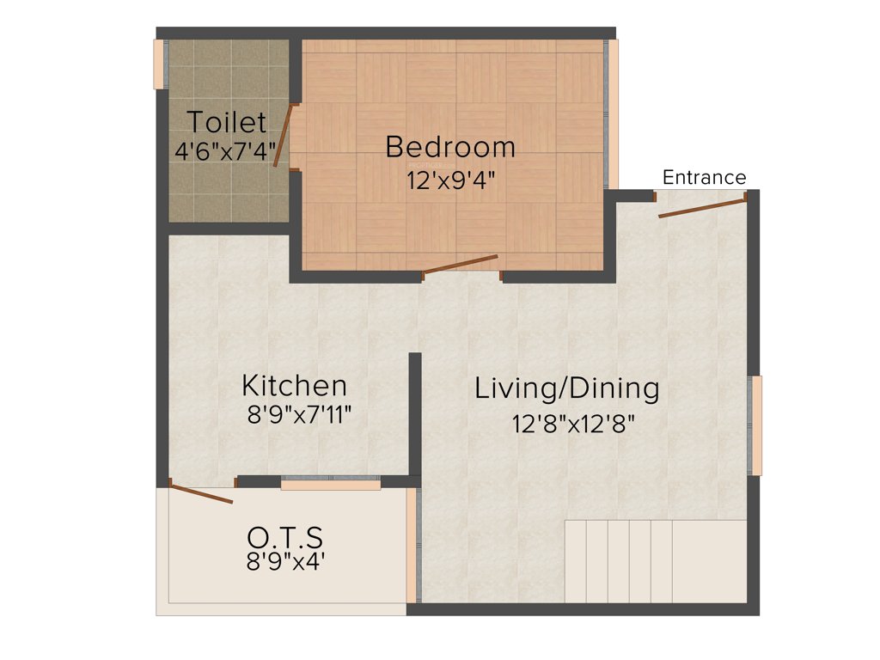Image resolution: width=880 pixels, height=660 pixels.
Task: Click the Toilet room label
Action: pos(227,122)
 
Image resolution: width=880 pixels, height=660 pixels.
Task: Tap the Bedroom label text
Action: pos(450,147)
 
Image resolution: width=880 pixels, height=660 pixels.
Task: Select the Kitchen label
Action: pos(295,384)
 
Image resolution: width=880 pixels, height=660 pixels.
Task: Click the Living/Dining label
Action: pos(567,388)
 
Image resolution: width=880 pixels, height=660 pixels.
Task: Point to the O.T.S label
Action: pos(285,539)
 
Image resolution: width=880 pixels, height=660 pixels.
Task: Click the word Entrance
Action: pos(705,178)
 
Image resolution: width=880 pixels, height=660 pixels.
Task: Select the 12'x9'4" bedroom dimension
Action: pos(451,180)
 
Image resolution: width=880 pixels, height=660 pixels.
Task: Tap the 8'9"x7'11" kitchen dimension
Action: pos(299,415)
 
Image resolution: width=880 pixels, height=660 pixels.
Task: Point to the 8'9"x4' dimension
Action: pos(286,564)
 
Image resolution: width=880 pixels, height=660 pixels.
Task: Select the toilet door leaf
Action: pos(280,136)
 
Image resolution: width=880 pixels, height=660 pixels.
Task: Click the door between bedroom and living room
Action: pos(460,265)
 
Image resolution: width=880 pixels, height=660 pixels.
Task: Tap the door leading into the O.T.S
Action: pos(201,493)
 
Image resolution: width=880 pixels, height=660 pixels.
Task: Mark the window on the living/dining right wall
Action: pos(757,425)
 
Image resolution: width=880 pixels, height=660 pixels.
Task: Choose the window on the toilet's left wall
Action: pos(158,64)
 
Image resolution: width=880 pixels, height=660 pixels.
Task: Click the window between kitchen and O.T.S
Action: pos(331,485)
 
